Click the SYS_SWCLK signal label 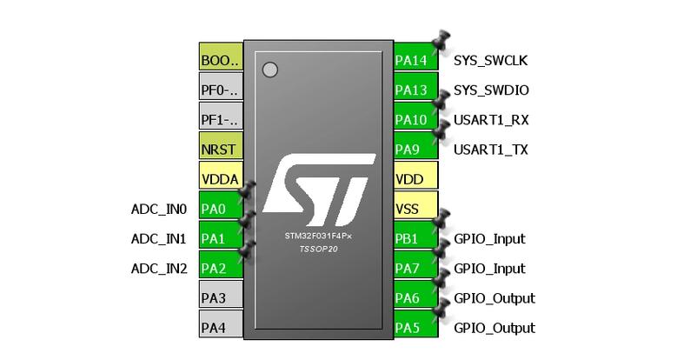pyautogui.click(x=491, y=61)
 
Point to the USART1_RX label pyautogui.click(x=491, y=120)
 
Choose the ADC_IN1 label pyautogui.click(x=159, y=239)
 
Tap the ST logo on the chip pyautogui.click(x=319, y=190)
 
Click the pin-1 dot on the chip pyautogui.click(x=270, y=70)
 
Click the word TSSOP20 pyautogui.click(x=319, y=250)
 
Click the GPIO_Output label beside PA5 pyautogui.click(x=495, y=329)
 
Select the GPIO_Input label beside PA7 pyautogui.click(x=489, y=269)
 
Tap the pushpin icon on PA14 pyautogui.click(x=441, y=40)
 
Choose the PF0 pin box pyautogui.click(x=221, y=86)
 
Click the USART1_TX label pyautogui.click(x=491, y=150)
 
